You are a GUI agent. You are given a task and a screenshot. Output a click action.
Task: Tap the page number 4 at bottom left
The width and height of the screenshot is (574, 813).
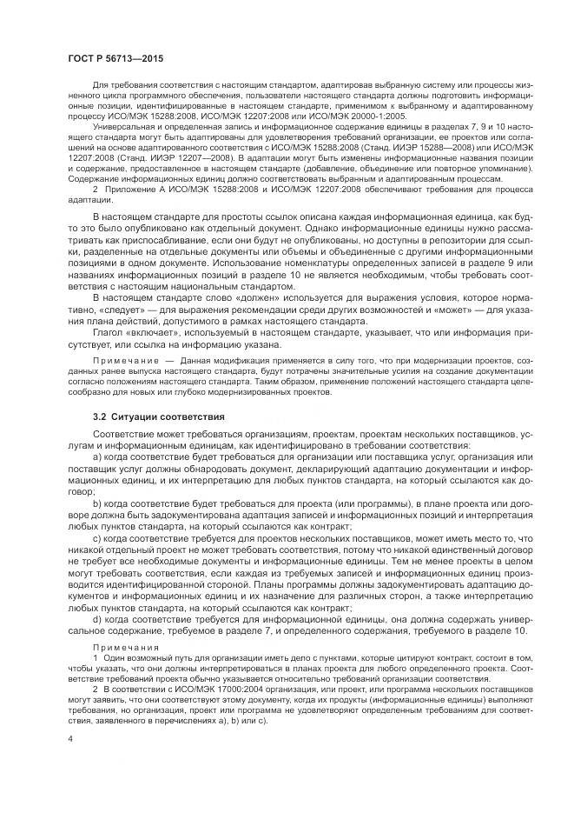69,737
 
